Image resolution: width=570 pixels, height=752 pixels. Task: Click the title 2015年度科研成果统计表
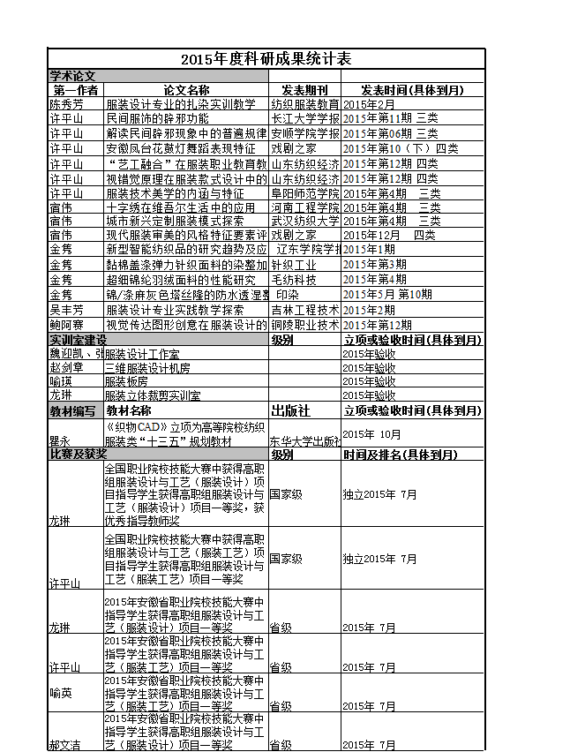pyautogui.click(x=266, y=59)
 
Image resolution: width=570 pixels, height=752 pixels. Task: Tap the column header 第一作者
pyautogui.click(x=75, y=90)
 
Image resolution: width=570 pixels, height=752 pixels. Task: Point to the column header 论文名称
pyautogui.click(x=186, y=90)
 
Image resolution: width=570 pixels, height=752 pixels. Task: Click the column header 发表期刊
pyautogui.click(x=304, y=90)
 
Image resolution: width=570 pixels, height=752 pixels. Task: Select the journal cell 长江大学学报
pyautogui.click(x=304, y=117)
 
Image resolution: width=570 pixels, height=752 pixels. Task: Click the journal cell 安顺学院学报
pyautogui.click(x=304, y=133)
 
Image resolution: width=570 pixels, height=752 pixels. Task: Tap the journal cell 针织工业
pyautogui.click(x=294, y=264)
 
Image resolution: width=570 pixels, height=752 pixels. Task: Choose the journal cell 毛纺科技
pyautogui.click(x=294, y=280)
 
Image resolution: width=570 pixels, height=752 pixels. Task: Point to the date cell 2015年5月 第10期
pyautogui.click(x=387, y=295)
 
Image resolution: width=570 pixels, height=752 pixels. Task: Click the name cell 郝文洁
pyautogui.click(x=66, y=745)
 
